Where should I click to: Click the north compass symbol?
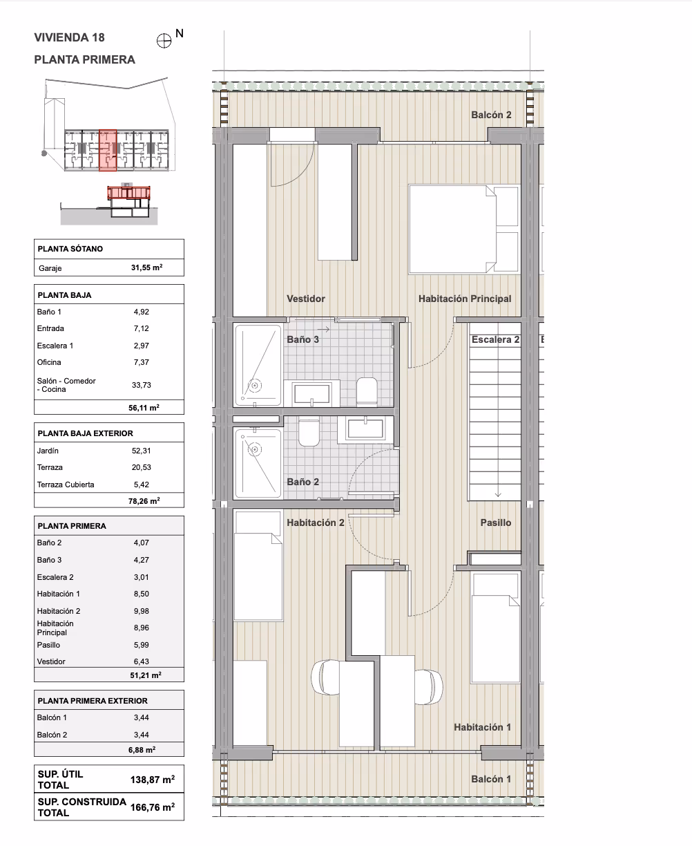[x=164, y=41]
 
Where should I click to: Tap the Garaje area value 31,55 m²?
[x=146, y=267]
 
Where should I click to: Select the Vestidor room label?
[x=306, y=299]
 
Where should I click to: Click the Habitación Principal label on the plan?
[x=465, y=299]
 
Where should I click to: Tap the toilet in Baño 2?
[x=309, y=433]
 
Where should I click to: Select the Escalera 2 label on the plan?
[x=496, y=340]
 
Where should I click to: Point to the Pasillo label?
[x=496, y=523]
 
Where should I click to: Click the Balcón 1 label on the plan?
[x=491, y=779]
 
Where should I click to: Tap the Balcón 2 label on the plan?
[x=491, y=115]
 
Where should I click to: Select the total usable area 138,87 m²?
[x=153, y=780]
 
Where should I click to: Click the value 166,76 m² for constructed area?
[x=153, y=807]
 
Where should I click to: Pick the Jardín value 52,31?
[x=142, y=451]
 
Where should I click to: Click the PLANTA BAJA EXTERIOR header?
[x=86, y=433]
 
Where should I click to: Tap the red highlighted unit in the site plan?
[x=108, y=150]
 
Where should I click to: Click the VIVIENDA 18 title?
[x=69, y=37]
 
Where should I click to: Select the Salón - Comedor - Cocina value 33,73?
[x=142, y=385]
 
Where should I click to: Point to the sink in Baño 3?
[x=312, y=393]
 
